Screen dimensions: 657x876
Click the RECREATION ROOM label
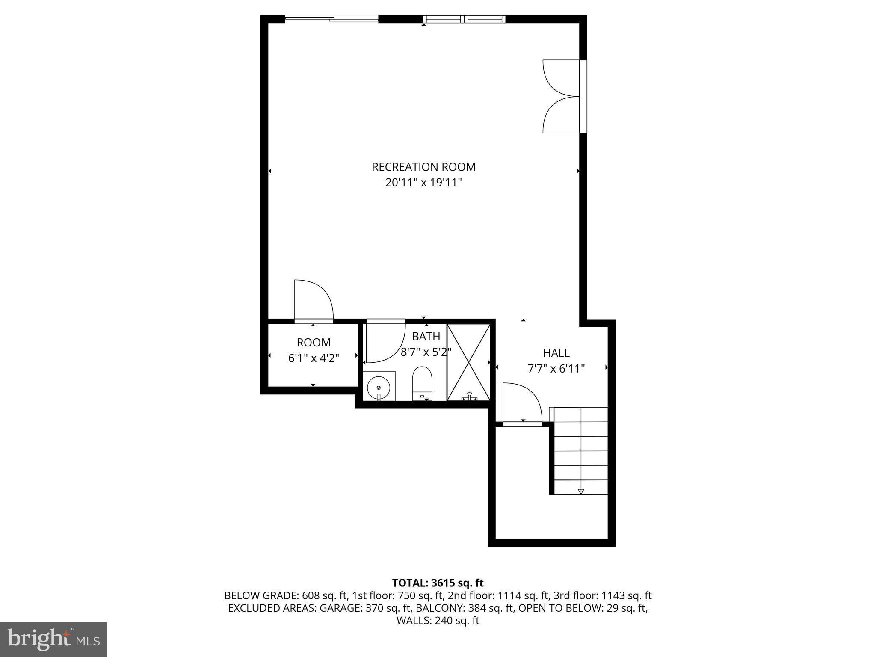point(423,167)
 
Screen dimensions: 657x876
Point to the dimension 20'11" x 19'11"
point(423,183)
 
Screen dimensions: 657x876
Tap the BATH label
point(426,336)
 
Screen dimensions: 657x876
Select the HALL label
point(556,353)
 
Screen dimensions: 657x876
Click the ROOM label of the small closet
point(314,343)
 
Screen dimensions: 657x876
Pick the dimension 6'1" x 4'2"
point(314,358)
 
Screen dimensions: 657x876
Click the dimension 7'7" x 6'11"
point(556,368)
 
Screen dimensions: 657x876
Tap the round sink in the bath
point(379,387)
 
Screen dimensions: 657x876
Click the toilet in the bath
point(422,383)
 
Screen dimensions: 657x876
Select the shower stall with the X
point(469,362)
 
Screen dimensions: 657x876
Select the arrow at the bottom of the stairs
point(580,491)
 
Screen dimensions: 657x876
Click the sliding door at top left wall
point(331,19)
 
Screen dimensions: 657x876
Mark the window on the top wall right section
point(464,19)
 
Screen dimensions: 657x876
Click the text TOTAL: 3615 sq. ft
point(438,583)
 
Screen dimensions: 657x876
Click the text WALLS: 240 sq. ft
point(438,621)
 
